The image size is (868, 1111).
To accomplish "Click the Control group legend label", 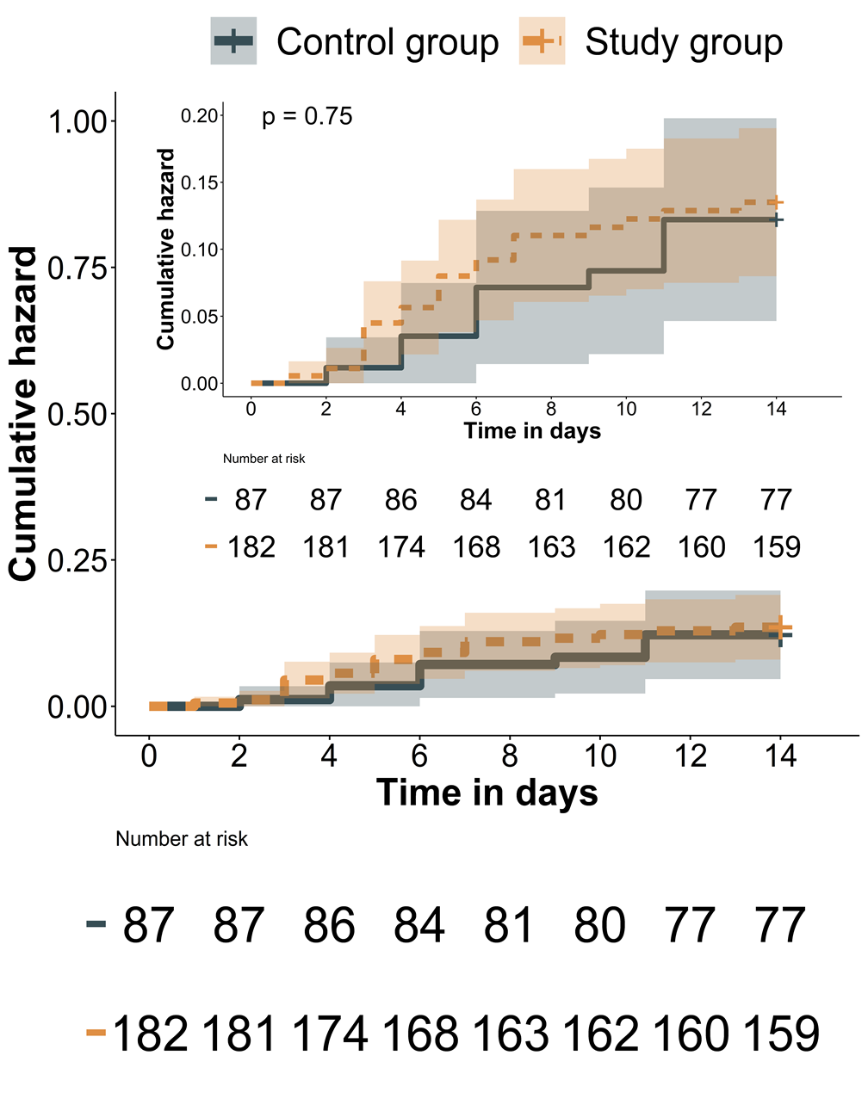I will [387, 42].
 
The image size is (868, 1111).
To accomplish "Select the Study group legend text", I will [684, 42].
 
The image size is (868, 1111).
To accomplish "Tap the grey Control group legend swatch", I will [233, 41].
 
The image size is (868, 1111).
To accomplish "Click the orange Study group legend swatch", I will [542, 41].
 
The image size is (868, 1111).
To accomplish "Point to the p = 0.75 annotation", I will [307, 117].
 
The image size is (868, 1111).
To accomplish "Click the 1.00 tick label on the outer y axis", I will [77, 122].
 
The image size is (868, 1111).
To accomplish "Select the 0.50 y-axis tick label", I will [77, 415].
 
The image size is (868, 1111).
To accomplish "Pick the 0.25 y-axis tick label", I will [77, 561].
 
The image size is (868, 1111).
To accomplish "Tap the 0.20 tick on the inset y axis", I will [200, 116].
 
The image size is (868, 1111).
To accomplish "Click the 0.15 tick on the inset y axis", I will [200, 183].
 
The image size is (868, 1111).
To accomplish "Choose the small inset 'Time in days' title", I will [532, 431].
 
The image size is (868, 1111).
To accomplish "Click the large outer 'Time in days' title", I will [487, 793].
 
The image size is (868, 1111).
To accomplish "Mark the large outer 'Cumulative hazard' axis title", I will [24, 414].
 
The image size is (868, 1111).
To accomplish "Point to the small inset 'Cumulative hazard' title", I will [165, 250].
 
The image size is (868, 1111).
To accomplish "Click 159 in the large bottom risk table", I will [781, 1034].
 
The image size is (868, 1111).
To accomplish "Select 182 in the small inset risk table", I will [251, 547].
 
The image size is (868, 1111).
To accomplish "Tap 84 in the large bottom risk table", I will [419, 926].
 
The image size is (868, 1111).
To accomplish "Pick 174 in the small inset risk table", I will [401, 547].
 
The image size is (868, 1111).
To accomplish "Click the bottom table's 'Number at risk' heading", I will [182, 839].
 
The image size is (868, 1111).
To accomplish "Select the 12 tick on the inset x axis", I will [701, 410].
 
